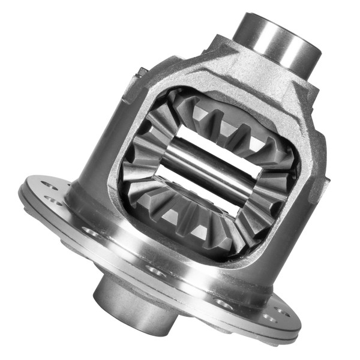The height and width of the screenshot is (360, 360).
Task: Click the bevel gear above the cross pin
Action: point(228,123)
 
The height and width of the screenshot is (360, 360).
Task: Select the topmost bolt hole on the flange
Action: point(50,187)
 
